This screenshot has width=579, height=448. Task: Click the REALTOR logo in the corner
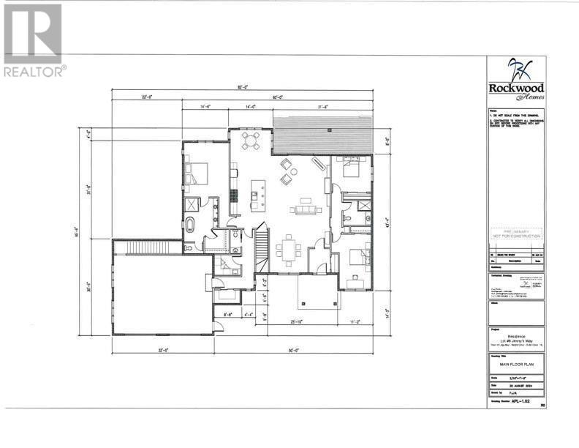33,40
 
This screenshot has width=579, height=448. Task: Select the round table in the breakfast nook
250,139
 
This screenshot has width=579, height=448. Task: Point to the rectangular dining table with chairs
289,250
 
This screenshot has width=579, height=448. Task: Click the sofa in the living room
305,210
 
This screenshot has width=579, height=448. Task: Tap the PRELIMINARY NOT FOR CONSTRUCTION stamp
517,234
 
